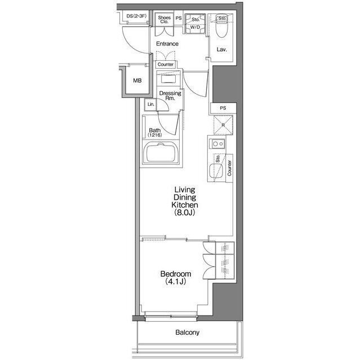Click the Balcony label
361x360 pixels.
pos(187,332)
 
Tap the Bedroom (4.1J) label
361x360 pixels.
pos(176,277)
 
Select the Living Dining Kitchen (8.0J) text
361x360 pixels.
pos(185,201)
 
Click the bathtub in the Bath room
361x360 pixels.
pos(161,152)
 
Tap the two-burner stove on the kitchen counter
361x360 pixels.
pos(217,144)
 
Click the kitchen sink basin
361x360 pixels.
pos(216,171)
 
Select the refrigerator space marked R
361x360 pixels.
pos(223,125)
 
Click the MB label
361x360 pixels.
pos(137,80)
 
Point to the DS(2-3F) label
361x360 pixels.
pos(136,16)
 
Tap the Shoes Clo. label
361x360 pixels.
pos(164,20)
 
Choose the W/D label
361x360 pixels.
pos(195,27)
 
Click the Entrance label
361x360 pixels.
pos(167,44)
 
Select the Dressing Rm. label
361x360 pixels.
pos(170,96)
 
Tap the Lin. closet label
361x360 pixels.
pos(151,105)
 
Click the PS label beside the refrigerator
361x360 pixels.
pos(223,108)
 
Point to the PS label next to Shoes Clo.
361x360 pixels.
pos(179,18)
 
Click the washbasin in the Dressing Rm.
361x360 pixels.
pos(168,79)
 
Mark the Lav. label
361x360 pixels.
pos(222,49)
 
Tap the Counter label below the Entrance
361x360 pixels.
pos(166,64)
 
